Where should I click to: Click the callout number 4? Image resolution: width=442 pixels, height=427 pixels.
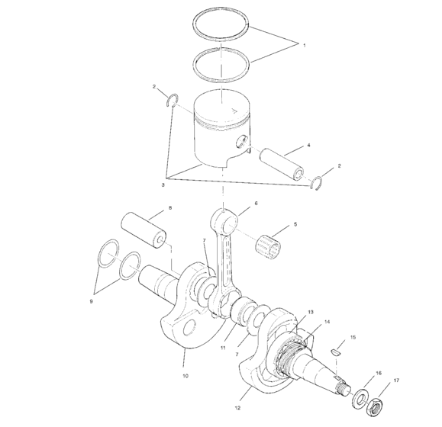308,144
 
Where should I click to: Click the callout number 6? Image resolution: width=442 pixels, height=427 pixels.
255,204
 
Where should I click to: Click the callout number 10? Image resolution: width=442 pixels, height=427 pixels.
184,376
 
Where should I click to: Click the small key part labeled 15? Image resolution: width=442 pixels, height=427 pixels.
340,351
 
